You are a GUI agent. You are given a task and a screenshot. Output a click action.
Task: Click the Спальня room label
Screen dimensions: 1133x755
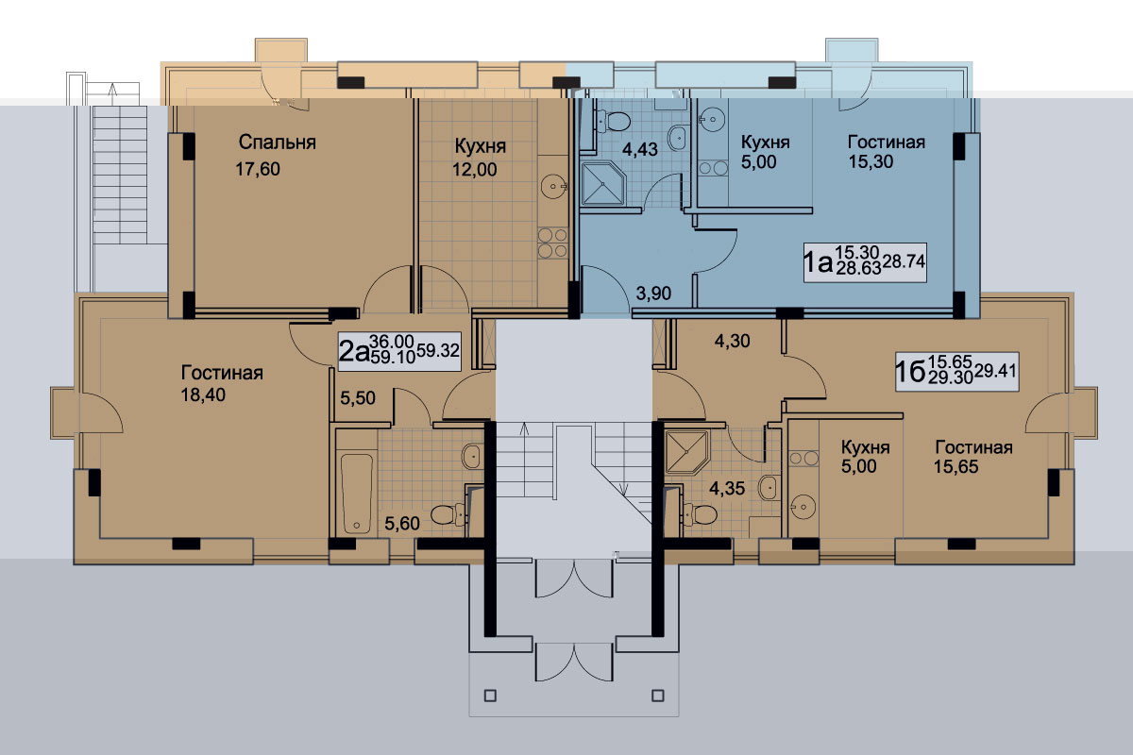(x=278, y=143)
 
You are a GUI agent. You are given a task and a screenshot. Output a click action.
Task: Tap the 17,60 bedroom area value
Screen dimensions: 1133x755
(x=258, y=169)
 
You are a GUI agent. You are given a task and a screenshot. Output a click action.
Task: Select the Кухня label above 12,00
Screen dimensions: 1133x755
(x=480, y=146)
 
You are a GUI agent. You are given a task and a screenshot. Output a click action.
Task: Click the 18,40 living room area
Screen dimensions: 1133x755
(x=203, y=394)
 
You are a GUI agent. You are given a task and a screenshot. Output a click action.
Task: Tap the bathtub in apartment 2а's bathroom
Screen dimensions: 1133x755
(x=357, y=493)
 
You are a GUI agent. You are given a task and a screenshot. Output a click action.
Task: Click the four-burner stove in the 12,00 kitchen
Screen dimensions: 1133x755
(x=552, y=243)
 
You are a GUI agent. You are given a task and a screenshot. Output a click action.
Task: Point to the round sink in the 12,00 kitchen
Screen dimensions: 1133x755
(x=553, y=187)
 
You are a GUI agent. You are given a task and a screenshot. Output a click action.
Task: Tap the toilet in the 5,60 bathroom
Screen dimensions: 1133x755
(x=448, y=514)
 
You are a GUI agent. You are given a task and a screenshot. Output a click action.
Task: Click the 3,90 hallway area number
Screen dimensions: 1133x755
(x=653, y=294)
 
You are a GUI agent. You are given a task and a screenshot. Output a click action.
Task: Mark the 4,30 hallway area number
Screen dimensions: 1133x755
(x=732, y=341)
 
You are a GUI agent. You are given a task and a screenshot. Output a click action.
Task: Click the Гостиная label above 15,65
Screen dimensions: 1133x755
(x=973, y=447)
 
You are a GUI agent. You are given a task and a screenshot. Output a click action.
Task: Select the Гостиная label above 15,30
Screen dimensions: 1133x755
(x=887, y=143)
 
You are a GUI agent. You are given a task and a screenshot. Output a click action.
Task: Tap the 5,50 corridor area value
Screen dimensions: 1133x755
(x=358, y=398)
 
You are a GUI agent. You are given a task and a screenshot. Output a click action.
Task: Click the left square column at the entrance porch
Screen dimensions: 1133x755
(x=490, y=696)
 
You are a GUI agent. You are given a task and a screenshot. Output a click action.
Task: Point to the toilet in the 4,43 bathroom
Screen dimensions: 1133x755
(x=614, y=122)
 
